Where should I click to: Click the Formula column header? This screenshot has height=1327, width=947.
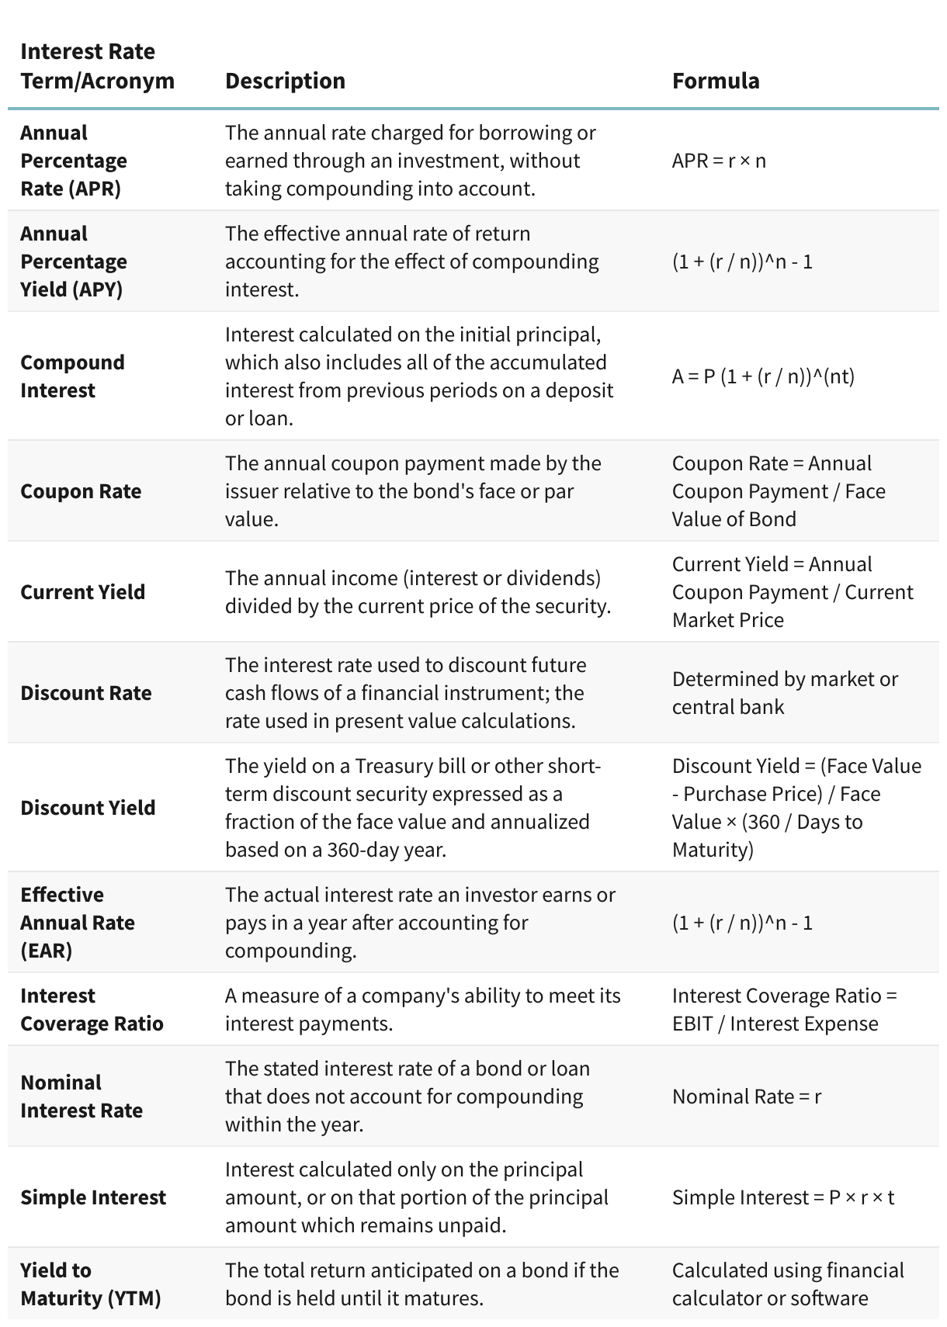(715, 81)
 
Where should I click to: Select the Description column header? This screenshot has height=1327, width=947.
(285, 81)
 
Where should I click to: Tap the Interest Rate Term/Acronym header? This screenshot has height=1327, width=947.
(97, 67)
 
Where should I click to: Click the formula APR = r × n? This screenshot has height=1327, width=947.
(718, 161)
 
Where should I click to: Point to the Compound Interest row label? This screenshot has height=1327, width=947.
(72, 376)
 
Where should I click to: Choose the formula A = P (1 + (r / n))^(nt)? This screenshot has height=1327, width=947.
(762, 376)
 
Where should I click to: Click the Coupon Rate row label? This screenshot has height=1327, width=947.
(81, 491)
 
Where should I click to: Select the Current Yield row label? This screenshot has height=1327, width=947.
(82, 592)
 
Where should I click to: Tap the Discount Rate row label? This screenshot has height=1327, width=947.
(85, 693)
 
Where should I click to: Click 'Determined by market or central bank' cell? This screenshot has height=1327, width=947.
(784, 693)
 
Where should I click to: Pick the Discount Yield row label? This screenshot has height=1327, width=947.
(88, 808)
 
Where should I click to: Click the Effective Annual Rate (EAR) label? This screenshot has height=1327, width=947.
(77, 923)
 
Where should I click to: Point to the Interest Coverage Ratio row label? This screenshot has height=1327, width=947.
(92, 1010)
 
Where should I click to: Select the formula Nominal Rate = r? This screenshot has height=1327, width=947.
(746, 1097)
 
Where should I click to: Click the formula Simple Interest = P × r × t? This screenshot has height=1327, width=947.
(782, 1197)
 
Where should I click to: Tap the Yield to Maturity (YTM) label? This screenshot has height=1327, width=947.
(90, 1284)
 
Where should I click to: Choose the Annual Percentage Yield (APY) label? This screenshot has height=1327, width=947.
(74, 262)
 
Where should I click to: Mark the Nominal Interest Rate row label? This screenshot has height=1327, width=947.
(82, 1097)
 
